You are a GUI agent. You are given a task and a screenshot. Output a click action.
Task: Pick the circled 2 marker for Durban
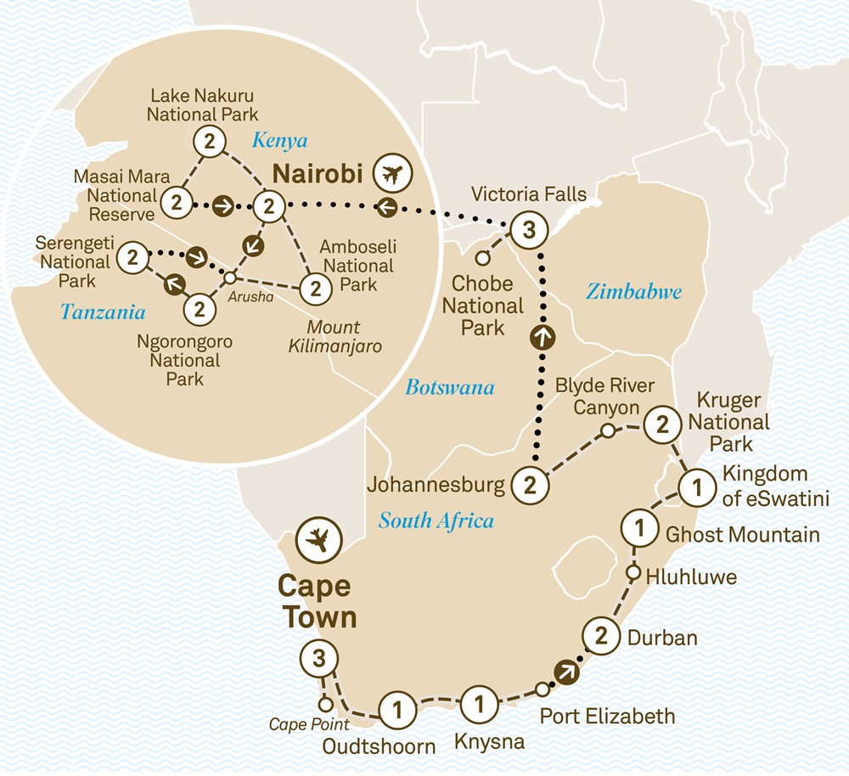click(601, 637)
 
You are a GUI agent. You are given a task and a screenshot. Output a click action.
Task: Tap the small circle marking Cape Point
click(324, 704)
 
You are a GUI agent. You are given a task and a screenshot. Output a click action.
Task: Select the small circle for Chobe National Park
click(483, 257)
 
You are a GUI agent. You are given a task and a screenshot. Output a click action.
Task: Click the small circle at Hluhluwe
click(633, 573)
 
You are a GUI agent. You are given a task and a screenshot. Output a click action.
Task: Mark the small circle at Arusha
click(229, 277)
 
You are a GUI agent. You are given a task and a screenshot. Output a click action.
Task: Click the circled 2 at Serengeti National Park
click(132, 257)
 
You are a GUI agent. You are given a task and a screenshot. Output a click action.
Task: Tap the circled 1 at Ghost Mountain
click(639, 531)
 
